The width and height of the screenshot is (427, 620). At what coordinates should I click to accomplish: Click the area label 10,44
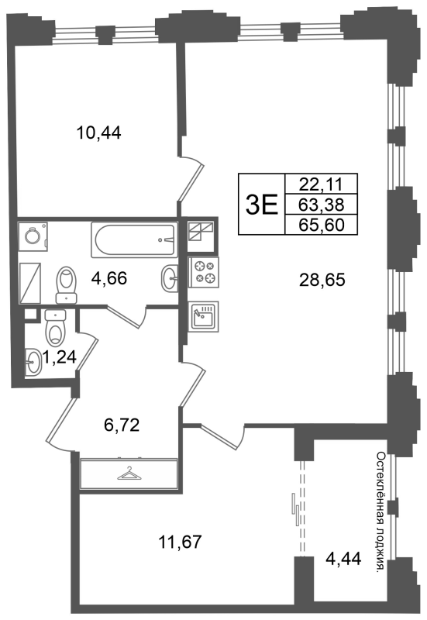pos(98,133)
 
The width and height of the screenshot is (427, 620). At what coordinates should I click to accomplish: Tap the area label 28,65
pos(322,280)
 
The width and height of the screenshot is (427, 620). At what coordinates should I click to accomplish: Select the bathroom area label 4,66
pos(109,278)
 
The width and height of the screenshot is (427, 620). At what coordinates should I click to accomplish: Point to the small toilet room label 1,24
pos(59,357)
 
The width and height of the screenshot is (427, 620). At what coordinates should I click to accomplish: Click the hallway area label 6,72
pos(122,425)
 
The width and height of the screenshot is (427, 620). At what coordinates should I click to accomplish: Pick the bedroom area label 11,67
pos(181,541)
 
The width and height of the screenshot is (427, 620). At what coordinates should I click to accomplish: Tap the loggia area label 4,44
pos(343,559)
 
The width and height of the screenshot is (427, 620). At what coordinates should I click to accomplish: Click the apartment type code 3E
pos(262,205)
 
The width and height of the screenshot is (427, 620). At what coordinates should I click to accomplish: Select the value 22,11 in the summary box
pos(322,184)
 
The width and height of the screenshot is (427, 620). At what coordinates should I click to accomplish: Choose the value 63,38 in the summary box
pos(322,205)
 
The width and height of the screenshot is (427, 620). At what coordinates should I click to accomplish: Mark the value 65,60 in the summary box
pos(322,225)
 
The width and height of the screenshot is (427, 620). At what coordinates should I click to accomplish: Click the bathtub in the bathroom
pos(134,239)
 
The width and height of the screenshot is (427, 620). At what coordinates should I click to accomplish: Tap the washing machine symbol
pos(33,236)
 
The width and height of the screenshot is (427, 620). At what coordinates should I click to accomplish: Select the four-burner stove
pos(204,273)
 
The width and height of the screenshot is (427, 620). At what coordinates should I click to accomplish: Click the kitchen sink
pos(204,316)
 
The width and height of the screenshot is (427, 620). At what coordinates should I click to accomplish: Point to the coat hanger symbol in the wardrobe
pos(129,474)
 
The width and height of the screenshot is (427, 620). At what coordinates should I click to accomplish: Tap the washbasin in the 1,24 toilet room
pos(33,361)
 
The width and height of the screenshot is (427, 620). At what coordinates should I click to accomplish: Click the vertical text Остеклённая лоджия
pos(380,512)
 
